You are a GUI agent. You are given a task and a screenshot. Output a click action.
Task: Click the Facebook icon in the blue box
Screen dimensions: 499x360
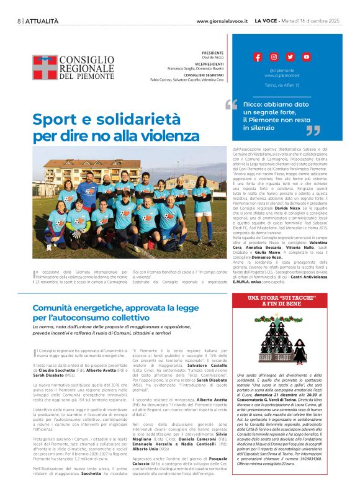point(258,57)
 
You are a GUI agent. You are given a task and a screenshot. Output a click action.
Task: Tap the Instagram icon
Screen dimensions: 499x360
point(274,57)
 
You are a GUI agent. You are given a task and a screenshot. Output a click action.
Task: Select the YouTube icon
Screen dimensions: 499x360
point(306,57)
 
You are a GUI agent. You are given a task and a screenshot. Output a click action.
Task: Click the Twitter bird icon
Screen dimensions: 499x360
point(290,57)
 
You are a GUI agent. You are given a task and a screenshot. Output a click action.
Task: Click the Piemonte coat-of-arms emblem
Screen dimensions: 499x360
point(44,67)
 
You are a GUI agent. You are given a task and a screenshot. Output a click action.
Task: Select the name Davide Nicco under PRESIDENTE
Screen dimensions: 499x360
point(212,58)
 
